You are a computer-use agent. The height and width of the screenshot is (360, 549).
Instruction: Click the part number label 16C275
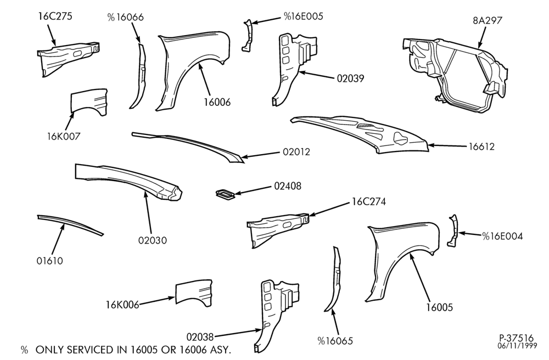[x=55, y=16]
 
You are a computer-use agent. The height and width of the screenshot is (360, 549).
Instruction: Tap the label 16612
[x=482, y=147]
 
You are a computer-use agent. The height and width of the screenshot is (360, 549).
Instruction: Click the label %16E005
[x=303, y=16]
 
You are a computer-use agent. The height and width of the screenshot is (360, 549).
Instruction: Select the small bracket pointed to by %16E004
[x=453, y=231]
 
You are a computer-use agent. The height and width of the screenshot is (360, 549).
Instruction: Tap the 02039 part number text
[x=350, y=78]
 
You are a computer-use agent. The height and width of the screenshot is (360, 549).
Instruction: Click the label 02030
[x=152, y=240]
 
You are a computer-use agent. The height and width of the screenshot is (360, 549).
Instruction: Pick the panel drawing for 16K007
[x=89, y=102]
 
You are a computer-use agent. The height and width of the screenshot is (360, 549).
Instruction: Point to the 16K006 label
[x=122, y=305]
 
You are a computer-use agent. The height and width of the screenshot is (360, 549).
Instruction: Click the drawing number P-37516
[x=517, y=338]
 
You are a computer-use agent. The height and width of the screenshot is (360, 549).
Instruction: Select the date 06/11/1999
[x=518, y=346]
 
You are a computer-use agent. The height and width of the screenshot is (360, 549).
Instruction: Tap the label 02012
[x=296, y=152]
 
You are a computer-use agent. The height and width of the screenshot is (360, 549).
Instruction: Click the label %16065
[x=335, y=341]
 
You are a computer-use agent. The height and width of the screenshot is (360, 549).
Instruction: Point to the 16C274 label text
[x=369, y=202]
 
